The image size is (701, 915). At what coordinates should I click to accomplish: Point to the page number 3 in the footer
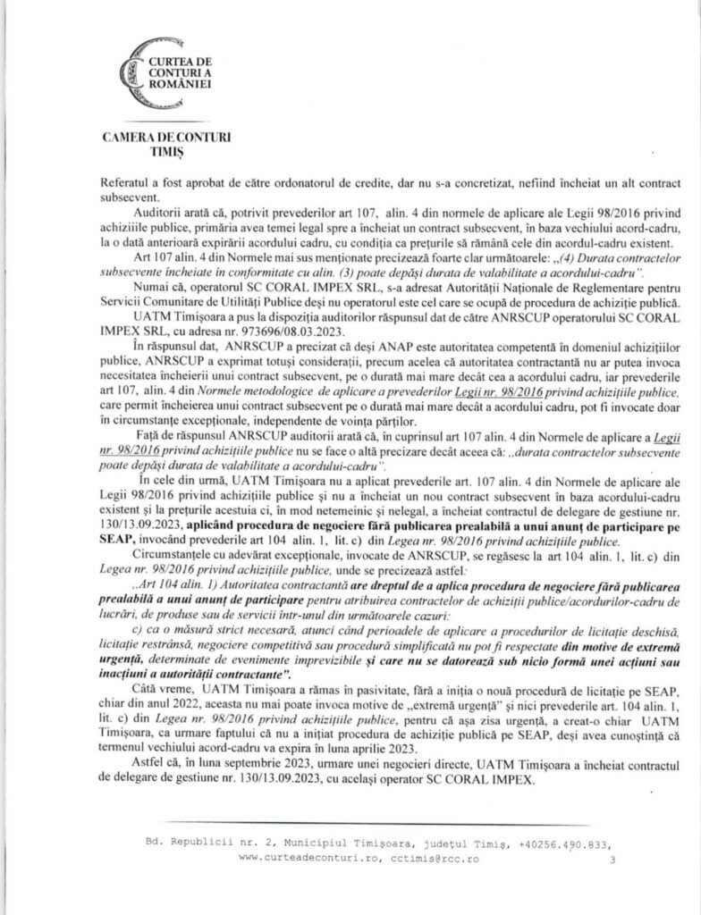612,860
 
